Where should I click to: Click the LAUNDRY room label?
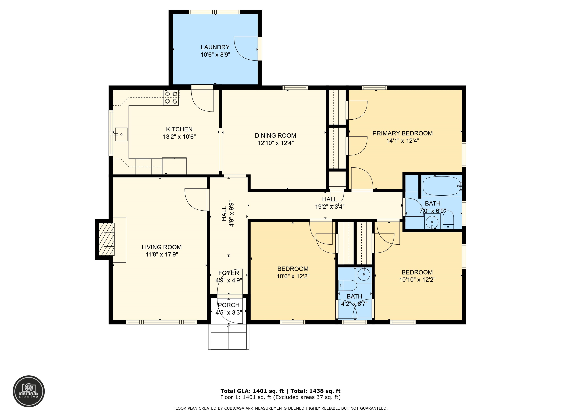[215, 47]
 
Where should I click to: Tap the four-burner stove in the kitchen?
[171, 98]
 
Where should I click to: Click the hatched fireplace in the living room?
[106, 239]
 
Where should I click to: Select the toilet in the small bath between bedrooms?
[348, 285]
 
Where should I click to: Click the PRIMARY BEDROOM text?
[402, 133]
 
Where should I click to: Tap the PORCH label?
[229, 305]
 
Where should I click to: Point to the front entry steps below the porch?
[229, 337]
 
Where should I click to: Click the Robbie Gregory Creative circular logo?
[29, 391]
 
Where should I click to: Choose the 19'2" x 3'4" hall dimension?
[330, 207]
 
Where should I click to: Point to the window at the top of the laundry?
[215, 12]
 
